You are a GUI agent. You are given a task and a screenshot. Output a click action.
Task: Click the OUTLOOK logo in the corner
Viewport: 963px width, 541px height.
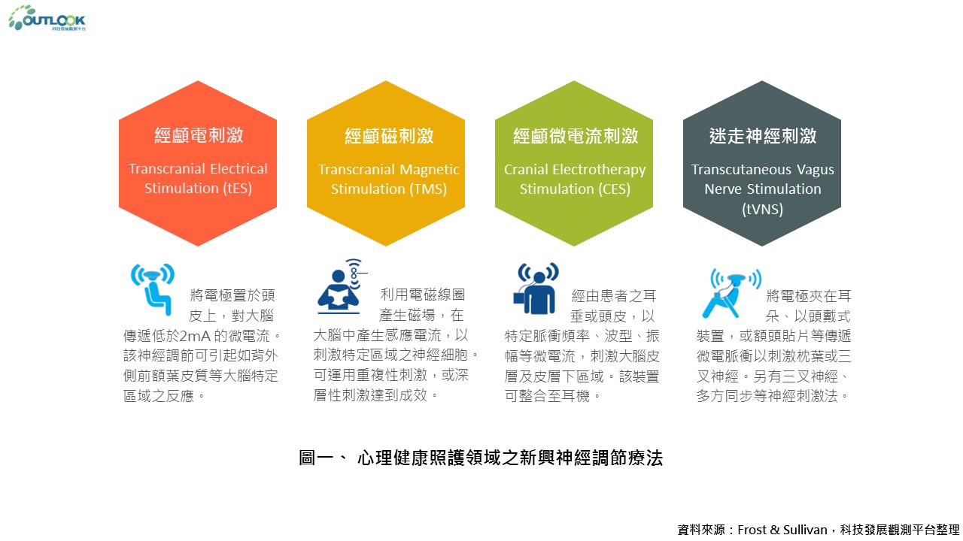(47, 18)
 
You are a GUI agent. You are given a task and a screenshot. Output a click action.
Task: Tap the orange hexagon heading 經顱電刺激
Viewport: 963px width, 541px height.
(199, 135)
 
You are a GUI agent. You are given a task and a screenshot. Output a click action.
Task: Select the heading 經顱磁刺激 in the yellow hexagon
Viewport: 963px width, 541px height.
(389, 136)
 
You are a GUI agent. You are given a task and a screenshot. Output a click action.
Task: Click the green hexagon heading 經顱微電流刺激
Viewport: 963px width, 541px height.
(576, 136)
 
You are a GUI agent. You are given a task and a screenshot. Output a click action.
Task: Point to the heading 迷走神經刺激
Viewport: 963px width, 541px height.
(763, 136)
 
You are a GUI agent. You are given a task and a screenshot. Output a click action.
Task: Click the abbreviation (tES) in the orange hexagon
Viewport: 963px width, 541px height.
(237, 189)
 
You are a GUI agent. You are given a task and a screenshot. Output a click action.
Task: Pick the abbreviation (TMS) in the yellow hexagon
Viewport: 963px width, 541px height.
(427, 189)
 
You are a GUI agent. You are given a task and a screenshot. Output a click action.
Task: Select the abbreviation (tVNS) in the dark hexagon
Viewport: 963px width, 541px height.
(762, 209)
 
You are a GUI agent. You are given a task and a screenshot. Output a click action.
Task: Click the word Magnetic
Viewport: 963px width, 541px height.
(430, 170)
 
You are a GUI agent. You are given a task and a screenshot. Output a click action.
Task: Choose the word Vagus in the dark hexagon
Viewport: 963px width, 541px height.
(815, 170)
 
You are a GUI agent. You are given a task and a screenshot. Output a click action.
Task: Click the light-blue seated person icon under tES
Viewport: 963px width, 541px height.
(153, 289)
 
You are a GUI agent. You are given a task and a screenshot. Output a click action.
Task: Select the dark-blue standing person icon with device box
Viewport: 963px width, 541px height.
(536, 289)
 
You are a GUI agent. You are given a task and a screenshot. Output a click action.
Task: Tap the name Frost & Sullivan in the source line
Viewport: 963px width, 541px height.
(782, 530)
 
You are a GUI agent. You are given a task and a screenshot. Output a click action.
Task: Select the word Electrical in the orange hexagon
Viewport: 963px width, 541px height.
(238, 169)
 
